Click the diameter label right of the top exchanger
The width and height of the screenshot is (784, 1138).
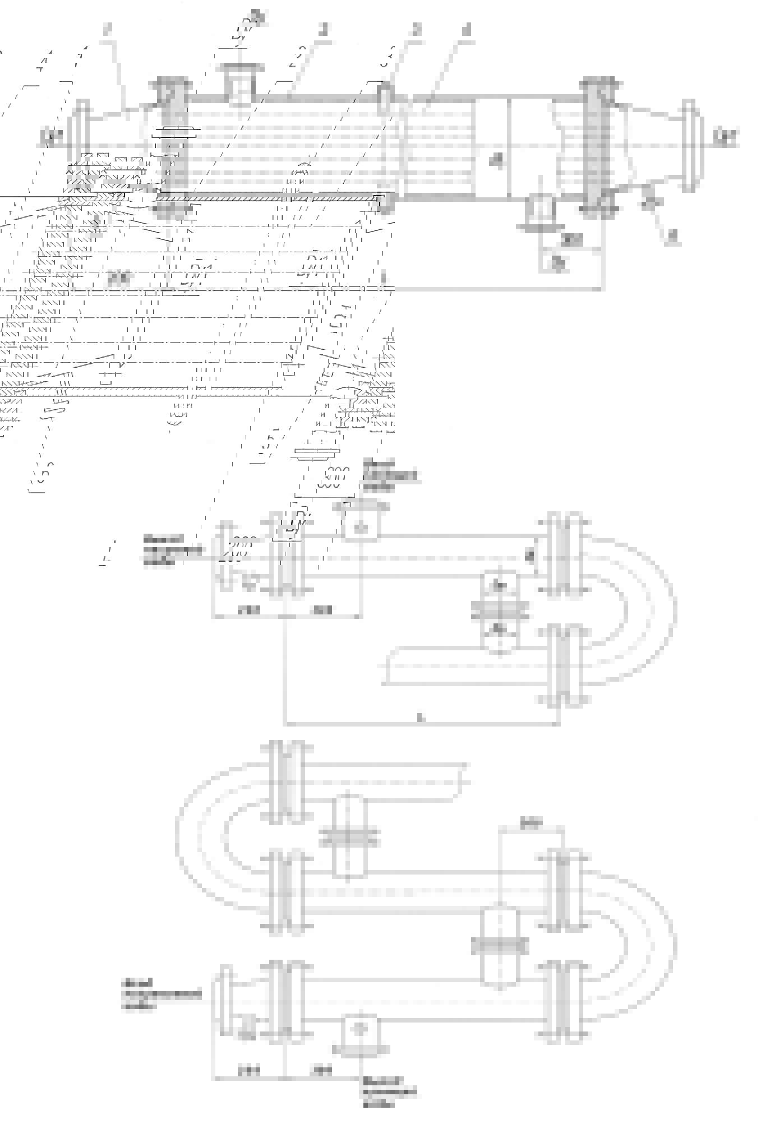point(726,136)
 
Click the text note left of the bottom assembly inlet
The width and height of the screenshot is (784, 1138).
point(162,994)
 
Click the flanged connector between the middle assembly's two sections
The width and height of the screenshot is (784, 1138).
point(500,608)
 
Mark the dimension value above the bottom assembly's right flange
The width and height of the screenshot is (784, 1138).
point(531,824)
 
